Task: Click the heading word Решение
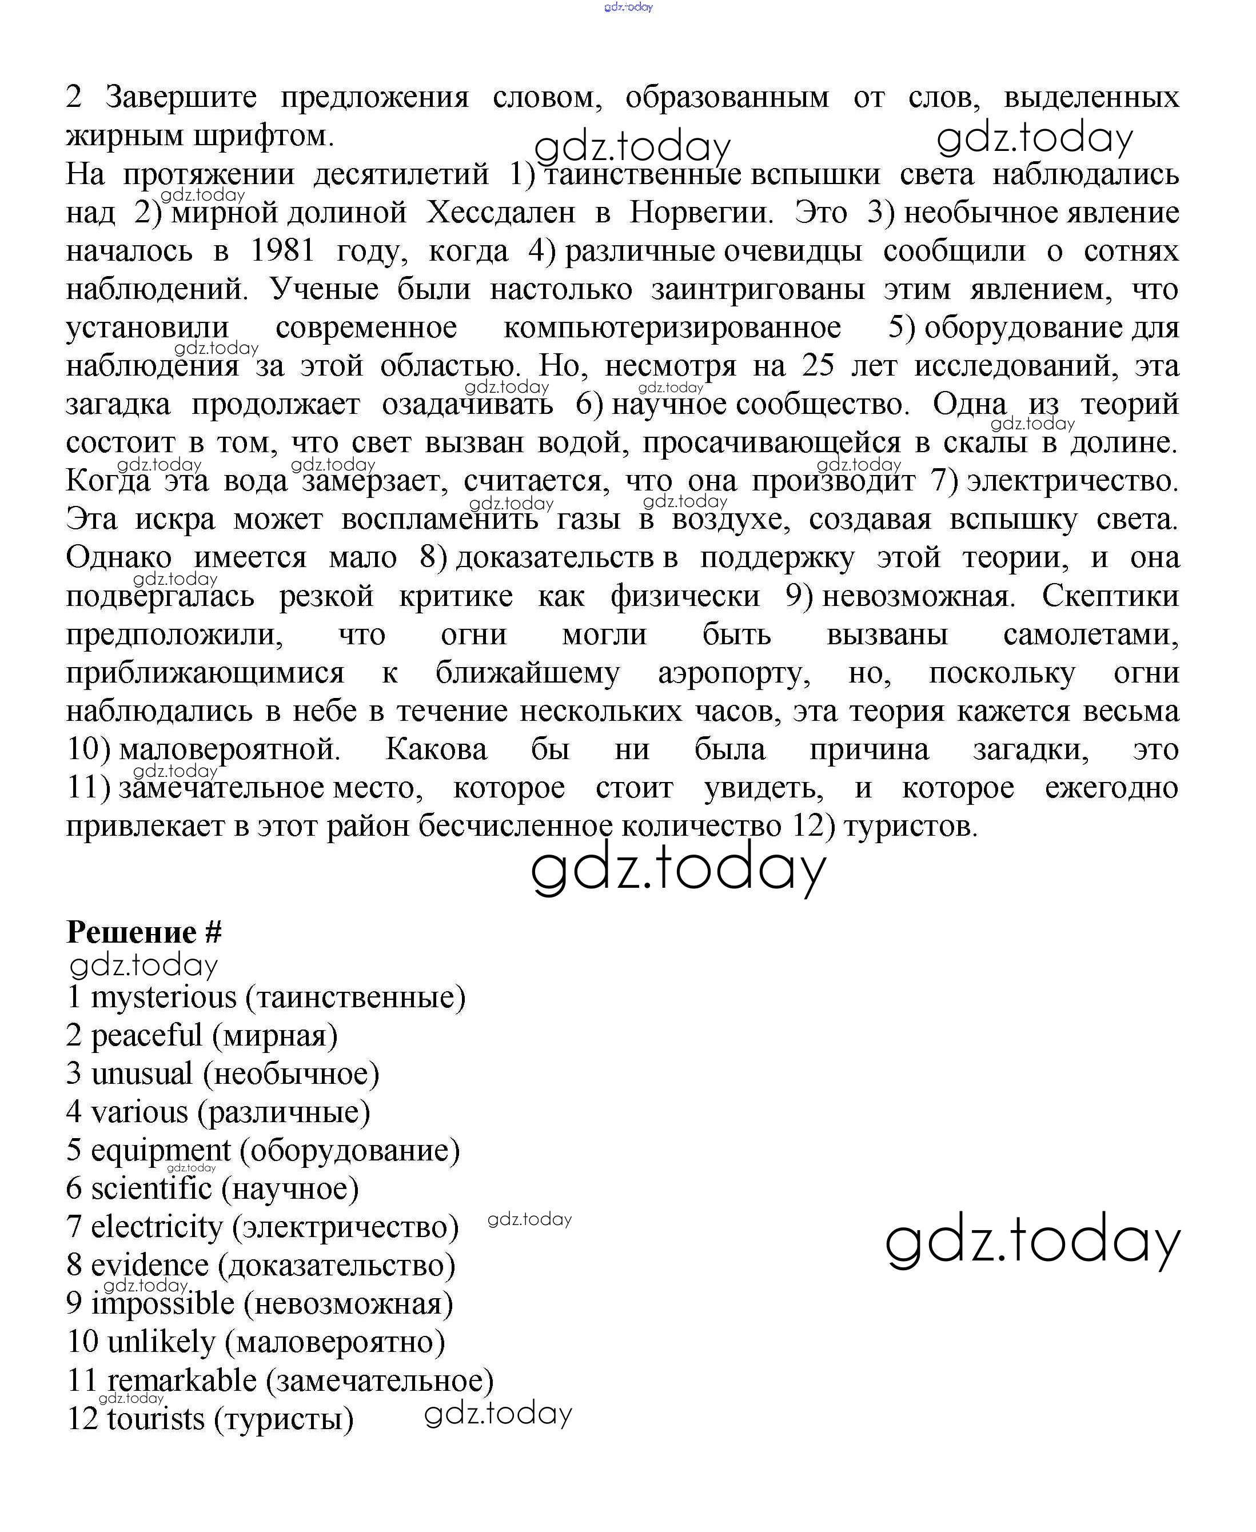coord(131,932)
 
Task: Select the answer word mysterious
coord(164,998)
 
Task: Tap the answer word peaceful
coord(146,1036)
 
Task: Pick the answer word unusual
coord(142,1074)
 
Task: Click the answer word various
coord(139,1112)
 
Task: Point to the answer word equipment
coord(161,1151)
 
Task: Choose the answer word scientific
coord(151,1189)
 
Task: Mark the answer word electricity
coord(156,1227)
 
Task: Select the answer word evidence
coord(149,1266)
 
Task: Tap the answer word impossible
coord(163,1304)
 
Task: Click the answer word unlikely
coord(161,1342)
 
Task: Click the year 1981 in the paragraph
coord(283,251)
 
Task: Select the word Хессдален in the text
coord(501,213)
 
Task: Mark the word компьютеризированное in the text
coord(672,328)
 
